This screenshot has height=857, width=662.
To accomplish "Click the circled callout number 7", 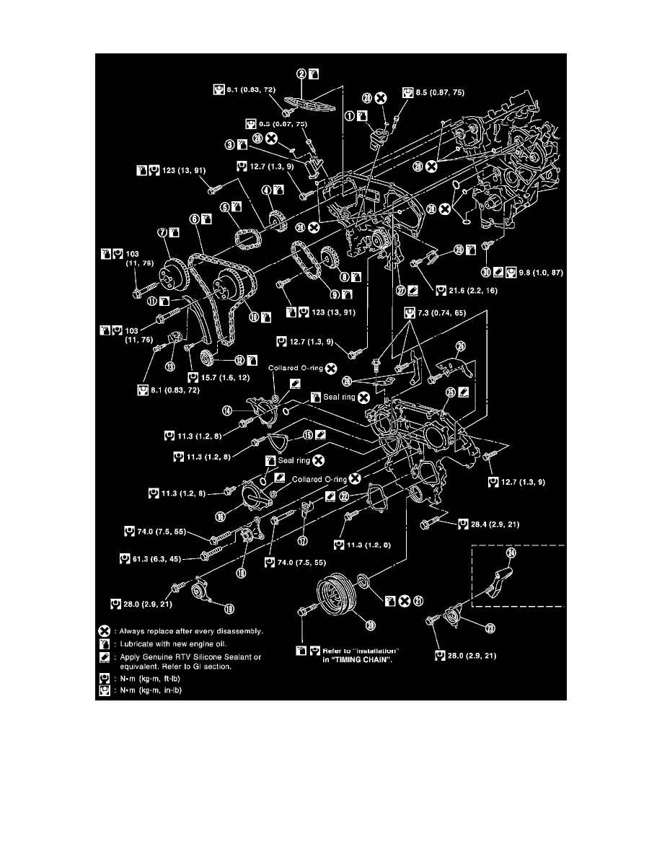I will click(x=162, y=232).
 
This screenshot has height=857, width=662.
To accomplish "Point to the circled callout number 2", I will click(x=302, y=73).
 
